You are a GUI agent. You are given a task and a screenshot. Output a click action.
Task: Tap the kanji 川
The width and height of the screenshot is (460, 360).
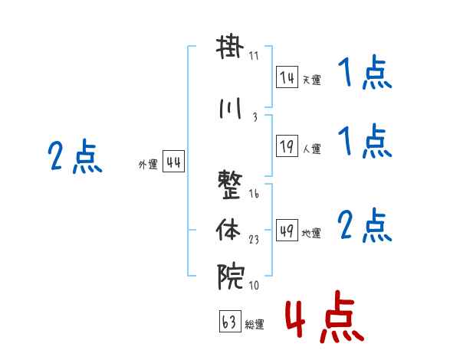230,109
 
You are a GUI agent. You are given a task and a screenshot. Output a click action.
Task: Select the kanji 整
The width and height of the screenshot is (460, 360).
230,185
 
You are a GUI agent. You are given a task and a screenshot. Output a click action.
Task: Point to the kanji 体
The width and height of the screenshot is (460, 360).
228,230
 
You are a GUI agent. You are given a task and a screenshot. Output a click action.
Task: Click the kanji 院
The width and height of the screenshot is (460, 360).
231,277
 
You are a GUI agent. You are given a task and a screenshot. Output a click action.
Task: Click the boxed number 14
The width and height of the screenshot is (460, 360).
287,77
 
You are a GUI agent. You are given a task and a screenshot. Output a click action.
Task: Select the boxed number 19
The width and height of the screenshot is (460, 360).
287,146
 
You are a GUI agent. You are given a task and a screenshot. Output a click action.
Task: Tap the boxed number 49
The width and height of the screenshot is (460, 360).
287,230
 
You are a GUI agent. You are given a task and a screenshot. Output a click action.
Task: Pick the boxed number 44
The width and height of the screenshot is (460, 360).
174,162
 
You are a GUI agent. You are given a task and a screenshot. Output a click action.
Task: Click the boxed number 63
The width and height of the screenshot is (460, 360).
230,322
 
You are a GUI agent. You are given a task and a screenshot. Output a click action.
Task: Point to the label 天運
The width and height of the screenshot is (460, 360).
312,80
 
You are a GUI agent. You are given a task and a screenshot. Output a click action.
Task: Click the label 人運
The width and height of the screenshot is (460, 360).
312,149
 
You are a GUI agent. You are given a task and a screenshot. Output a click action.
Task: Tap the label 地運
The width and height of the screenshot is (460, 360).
311,233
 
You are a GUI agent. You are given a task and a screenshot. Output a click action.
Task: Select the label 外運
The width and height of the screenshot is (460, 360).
148,165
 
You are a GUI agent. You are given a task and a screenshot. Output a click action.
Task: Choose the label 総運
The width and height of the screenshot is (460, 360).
255,325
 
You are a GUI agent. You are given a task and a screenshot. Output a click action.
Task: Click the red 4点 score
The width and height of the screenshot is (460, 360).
325,316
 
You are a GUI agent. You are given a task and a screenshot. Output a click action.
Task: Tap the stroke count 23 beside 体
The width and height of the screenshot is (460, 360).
254,240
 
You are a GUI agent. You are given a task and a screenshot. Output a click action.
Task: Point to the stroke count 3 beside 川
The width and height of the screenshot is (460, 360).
255,117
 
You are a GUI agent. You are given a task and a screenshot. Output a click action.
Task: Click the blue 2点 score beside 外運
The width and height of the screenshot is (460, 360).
75,155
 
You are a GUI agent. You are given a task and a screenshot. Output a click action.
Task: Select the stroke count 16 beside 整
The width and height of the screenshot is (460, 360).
254,194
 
